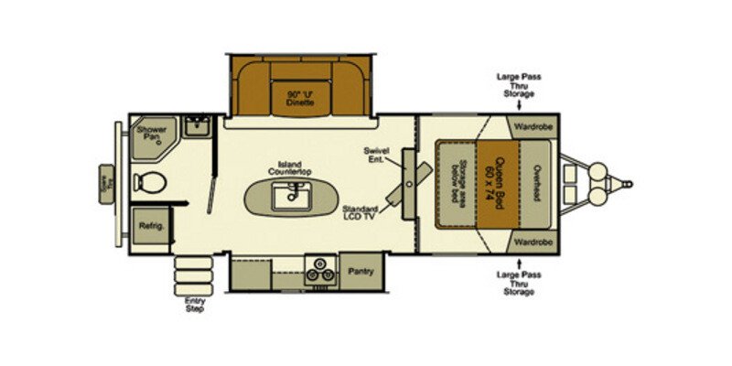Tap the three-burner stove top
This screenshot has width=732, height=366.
click(x=320, y=270)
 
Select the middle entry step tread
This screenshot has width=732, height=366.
click(x=190, y=273)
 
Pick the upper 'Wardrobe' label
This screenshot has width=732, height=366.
click(x=530, y=126)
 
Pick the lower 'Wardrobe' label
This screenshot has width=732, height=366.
click(x=530, y=242)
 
